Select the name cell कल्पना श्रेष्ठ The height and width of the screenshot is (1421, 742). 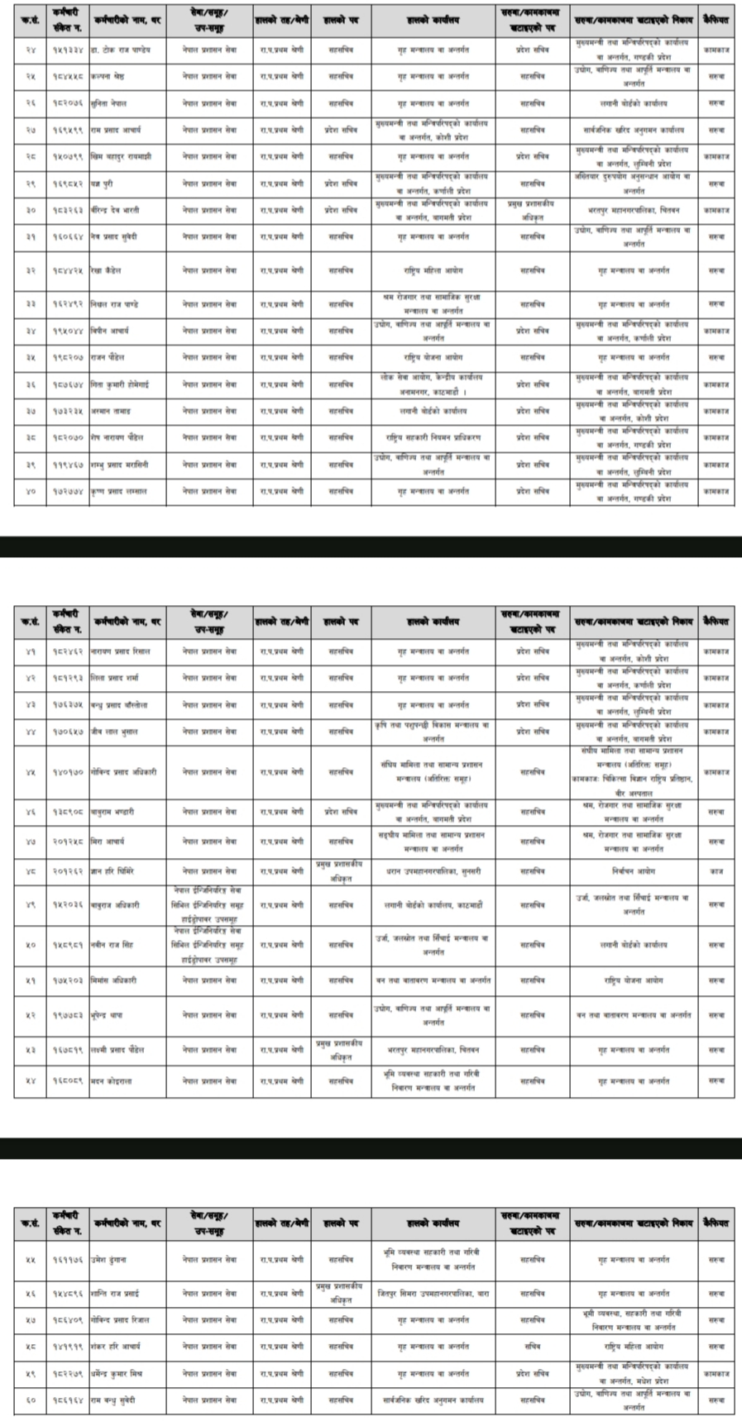click(110, 76)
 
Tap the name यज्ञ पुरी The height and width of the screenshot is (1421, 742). click(103, 184)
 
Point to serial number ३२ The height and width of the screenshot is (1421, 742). click(31, 270)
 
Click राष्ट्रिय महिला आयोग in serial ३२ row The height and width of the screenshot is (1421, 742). click(433, 270)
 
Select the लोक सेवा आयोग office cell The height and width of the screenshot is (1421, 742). click(433, 384)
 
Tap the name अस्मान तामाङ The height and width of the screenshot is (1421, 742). click(111, 411)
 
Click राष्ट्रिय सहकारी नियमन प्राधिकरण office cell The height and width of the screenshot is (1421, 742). click(433, 437)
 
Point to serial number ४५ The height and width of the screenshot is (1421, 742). click(31, 772)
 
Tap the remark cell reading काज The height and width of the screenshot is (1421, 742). click(716, 871)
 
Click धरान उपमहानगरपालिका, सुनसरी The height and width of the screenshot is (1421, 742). click(433, 871)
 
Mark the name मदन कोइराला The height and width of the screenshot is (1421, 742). click(112, 1080)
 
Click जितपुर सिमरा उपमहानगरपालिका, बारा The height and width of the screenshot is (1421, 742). click(433, 1293)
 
